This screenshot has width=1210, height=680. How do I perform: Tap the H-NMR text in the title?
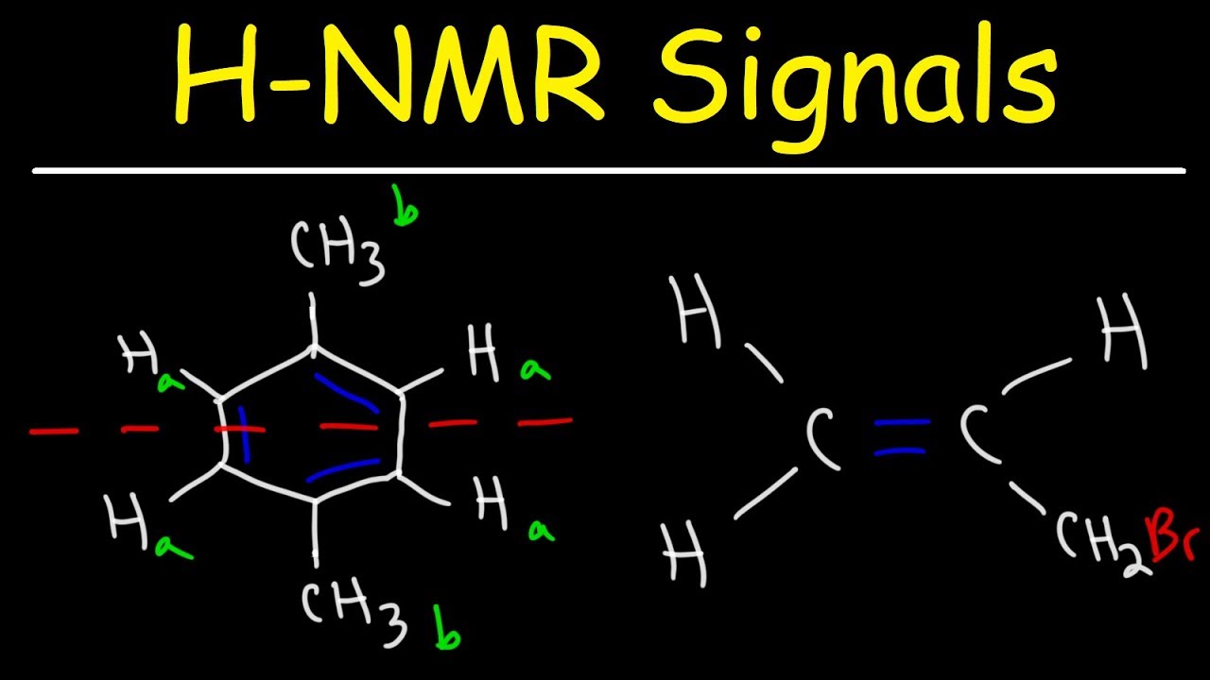(x=389, y=74)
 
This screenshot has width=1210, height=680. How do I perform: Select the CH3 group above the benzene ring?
(x=338, y=252)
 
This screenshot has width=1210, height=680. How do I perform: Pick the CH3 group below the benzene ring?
(x=354, y=610)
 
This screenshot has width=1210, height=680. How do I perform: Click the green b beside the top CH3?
(x=406, y=206)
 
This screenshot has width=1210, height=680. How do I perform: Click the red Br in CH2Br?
(x=1173, y=539)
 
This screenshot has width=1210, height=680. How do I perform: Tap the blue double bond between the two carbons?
(x=902, y=436)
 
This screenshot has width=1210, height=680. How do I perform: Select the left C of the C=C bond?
(x=821, y=438)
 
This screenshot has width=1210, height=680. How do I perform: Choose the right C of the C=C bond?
(x=978, y=435)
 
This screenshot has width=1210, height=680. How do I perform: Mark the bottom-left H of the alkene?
(x=683, y=552)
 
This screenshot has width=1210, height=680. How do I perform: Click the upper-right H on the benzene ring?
(x=483, y=352)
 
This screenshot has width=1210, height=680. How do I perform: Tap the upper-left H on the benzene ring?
(x=139, y=353)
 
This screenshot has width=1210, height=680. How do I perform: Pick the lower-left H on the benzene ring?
(x=128, y=521)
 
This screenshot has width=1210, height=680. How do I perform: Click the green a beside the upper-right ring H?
(x=535, y=371)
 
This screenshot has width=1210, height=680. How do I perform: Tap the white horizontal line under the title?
(x=609, y=171)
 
